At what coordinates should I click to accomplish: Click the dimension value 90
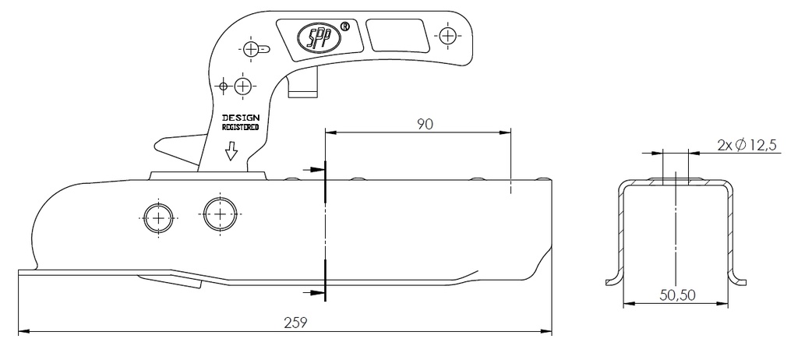[x=424, y=124]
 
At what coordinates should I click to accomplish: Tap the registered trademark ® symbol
[x=344, y=25]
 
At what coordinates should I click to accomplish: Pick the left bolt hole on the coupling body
[x=160, y=217]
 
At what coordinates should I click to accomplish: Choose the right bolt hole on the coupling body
[x=220, y=214]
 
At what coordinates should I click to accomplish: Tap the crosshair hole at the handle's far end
[x=447, y=36]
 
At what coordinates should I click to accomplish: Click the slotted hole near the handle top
[x=254, y=49]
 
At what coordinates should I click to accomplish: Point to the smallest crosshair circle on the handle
[x=223, y=84]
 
